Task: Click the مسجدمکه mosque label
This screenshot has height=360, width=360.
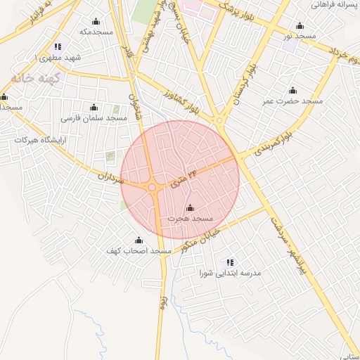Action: click(97, 32)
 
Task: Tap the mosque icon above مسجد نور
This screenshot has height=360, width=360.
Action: click(301, 25)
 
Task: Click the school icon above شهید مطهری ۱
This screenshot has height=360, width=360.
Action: click(58, 46)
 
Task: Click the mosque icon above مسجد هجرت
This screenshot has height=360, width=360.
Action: click(189, 207)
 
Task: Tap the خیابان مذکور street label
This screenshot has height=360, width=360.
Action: click(202, 243)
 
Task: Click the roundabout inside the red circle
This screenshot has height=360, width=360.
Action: click(153, 186)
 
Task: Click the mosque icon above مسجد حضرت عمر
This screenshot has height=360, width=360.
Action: click(292, 90)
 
